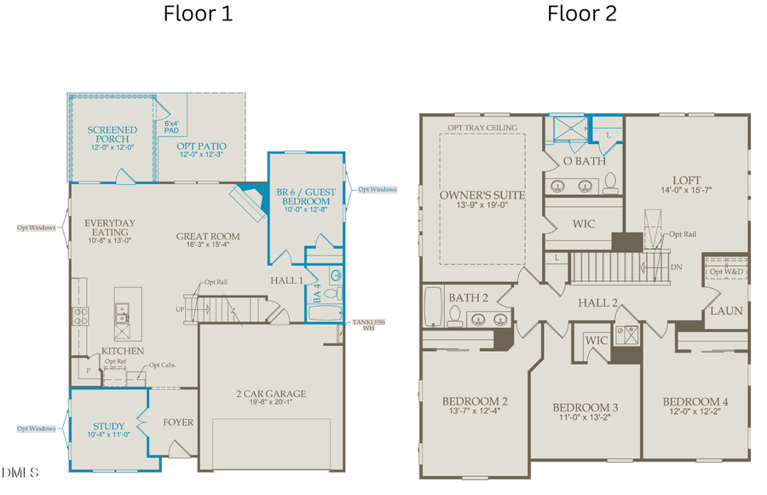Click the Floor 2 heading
pos(582,14)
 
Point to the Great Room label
pos(208,236)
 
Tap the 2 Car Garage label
pos(271,394)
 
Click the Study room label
pos(109,426)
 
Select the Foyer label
pos(178,423)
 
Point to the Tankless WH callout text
pos(369,325)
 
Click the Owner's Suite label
pos(482,195)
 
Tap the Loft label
pos(686,180)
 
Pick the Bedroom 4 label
pos(695,401)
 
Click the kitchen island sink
pos(122,319)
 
